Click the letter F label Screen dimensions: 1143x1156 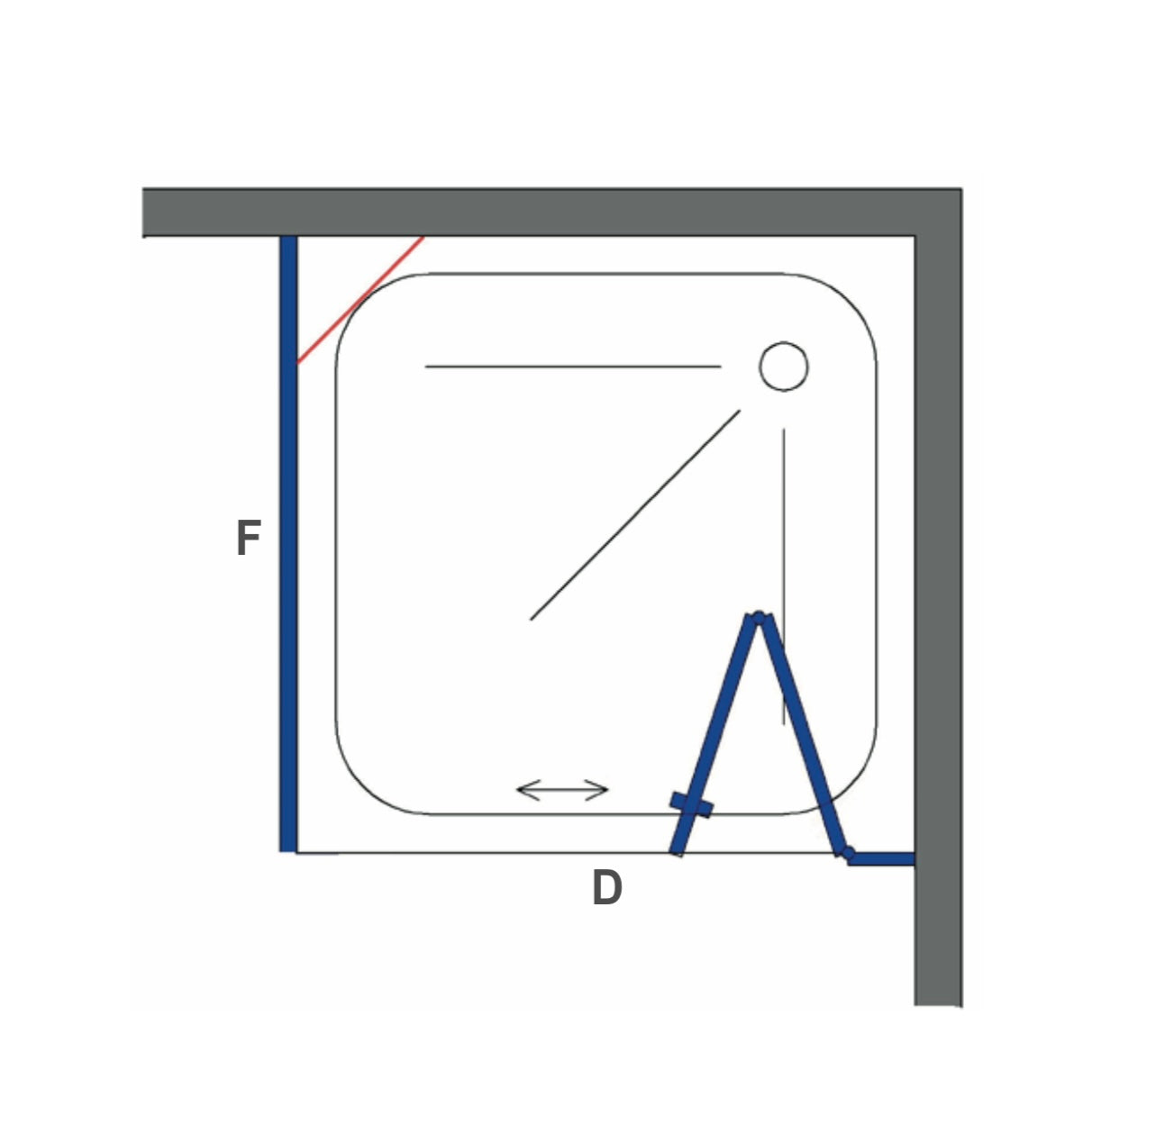(248, 539)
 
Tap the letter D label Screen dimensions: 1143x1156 (607, 888)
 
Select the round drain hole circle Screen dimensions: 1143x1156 (783, 367)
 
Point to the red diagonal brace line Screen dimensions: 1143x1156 (360, 300)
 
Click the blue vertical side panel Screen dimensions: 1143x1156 (288, 540)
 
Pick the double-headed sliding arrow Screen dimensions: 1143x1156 (563, 791)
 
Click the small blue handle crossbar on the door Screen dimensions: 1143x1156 (691, 804)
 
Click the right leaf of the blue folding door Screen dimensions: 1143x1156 (800, 734)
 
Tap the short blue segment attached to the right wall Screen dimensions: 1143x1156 (883, 858)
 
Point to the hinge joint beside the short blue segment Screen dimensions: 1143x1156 (846, 852)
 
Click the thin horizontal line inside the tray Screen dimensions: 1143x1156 (573, 367)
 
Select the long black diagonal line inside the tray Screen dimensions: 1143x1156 (635, 514)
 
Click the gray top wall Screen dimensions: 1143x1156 (541, 213)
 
